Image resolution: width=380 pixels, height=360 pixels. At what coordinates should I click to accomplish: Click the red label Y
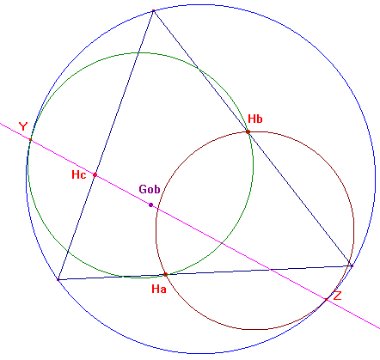click(23, 126)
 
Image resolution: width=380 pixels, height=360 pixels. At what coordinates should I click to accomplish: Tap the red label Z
click(337, 296)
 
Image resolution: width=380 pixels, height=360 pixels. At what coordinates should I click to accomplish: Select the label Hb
click(255, 119)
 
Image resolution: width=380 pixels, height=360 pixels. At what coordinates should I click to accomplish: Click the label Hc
click(79, 174)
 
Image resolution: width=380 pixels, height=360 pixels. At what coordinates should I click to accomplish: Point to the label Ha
click(159, 289)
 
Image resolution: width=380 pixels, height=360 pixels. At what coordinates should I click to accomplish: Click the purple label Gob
click(150, 189)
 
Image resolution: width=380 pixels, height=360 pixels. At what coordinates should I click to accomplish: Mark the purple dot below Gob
click(150, 204)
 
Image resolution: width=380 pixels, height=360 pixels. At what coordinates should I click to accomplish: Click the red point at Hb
click(248, 131)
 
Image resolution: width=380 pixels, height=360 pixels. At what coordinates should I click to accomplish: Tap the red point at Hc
click(95, 174)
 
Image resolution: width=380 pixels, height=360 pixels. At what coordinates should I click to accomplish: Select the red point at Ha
click(165, 274)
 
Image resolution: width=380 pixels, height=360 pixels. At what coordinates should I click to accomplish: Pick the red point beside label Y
click(30, 140)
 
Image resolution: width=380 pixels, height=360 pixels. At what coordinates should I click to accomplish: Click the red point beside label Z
click(327, 300)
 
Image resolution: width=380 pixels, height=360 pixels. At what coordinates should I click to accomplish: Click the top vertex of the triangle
click(154, 11)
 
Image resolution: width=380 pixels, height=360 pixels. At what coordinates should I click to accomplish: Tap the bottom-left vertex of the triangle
click(58, 279)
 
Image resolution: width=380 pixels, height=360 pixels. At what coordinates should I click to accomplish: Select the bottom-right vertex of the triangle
click(352, 265)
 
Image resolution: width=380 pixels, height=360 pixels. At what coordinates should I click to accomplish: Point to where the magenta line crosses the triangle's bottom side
click(270, 269)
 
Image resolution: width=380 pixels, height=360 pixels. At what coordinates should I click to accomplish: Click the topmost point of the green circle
click(140, 52)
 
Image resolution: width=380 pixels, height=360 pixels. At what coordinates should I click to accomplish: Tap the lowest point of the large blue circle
click(200, 353)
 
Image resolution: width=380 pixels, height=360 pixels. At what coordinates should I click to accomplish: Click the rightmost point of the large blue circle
click(375, 179)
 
